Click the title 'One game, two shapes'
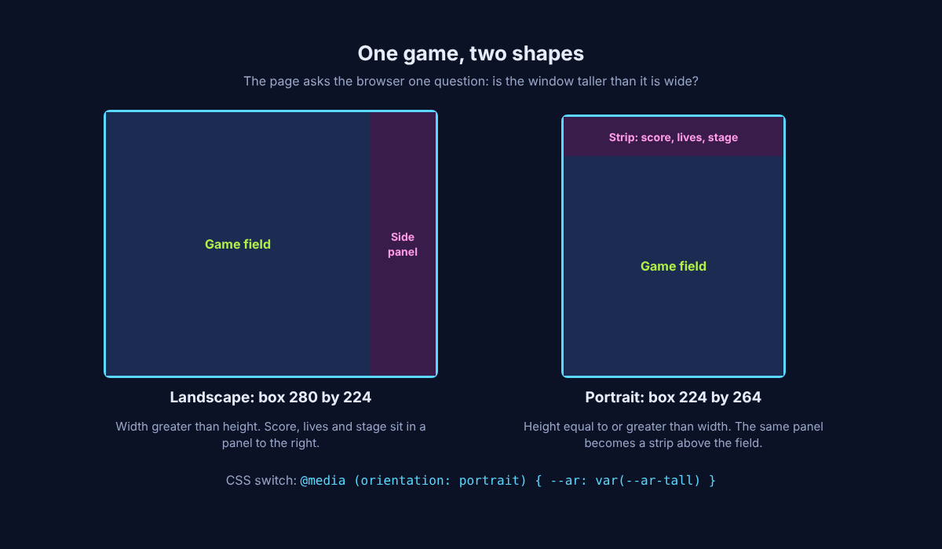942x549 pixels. point(470,54)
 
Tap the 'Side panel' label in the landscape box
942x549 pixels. point(403,245)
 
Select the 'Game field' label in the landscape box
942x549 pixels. point(238,244)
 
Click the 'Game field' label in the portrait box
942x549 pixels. point(674,266)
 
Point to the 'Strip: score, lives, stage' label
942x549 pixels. point(674,137)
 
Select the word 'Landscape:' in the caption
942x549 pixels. point(212,397)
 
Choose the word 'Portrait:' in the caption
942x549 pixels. point(615,397)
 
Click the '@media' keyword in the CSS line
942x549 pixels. point(323,480)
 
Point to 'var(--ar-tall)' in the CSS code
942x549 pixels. point(648,480)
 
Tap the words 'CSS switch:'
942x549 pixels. point(261,480)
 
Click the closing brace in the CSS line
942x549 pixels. point(712,480)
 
